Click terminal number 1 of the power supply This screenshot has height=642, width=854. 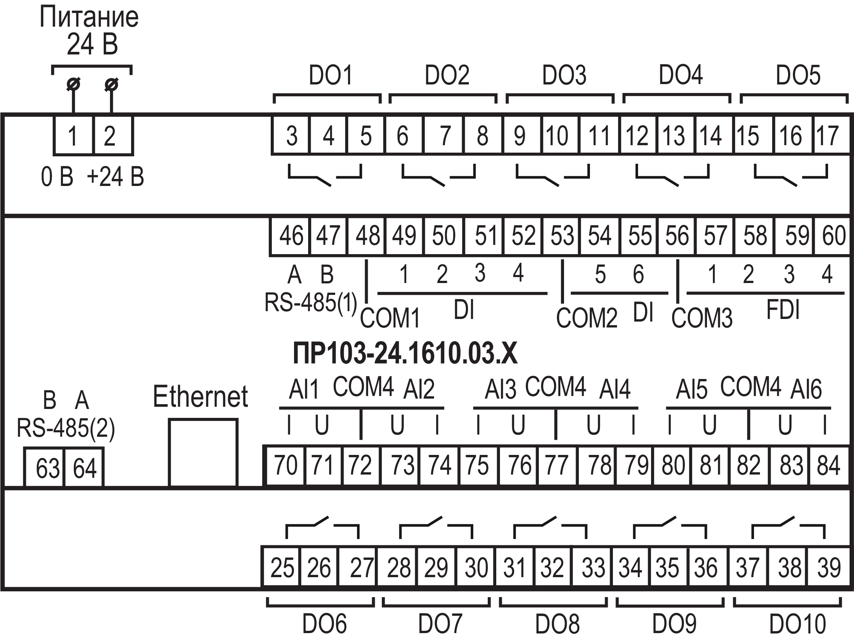click(x=73, y=136)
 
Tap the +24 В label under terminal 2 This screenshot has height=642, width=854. click(x=116, y=177)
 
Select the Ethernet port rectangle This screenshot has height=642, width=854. click(x=203, y=452)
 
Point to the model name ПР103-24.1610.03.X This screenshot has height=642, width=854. click(x=405, y=353)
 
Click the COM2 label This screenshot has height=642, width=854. click(x=587, y=318)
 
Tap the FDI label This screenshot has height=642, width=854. click(x=783, y=310)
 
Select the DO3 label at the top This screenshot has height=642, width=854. click(x=564, y=75)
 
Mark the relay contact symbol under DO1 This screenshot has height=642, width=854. click(x=325, y=176)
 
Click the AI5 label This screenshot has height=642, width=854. click(x=691, y=389)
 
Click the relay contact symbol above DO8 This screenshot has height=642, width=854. click(x=550, y=527)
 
